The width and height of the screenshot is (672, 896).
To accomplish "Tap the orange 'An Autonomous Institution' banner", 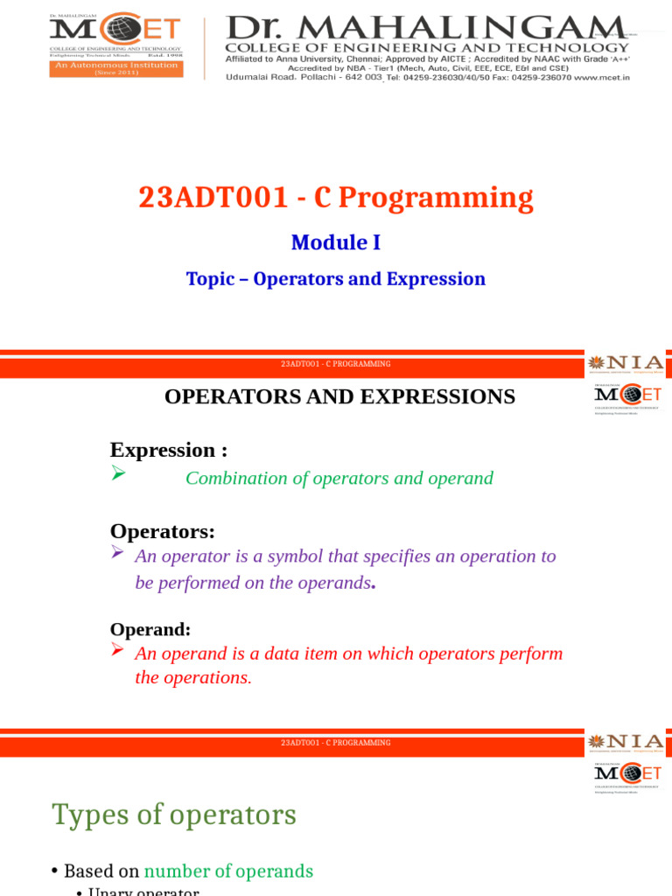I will [x=115, y=68].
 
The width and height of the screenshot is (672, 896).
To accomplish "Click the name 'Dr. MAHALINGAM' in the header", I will [x=425, y=27].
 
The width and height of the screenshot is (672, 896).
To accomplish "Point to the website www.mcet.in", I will [x=602, y=77].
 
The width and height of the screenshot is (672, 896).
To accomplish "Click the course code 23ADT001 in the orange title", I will [x=213, y=198].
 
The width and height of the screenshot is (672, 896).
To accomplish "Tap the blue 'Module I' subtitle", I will [x=335, y=242].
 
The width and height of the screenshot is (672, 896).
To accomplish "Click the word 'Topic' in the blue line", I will [x=210, y=279].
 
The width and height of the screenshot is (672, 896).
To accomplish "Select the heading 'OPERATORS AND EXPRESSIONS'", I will [x=339, y=396].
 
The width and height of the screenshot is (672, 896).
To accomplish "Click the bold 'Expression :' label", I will [x=168, y=450].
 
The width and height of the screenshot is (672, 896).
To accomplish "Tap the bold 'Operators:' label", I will [x=162, y=531].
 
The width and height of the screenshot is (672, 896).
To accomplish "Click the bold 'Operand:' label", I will [x=150, y=629].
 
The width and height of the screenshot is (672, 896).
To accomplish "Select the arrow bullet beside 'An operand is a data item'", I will [x=118, y=649].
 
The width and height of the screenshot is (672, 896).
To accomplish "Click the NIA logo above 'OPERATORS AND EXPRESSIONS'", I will [x=626, y=363].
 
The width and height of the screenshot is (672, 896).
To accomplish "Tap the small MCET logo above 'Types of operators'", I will [x=627, y=774].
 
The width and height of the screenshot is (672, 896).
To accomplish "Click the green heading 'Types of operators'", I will [x=174, y=815].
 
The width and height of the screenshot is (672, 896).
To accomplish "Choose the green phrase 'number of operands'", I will [x=228, y=871].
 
